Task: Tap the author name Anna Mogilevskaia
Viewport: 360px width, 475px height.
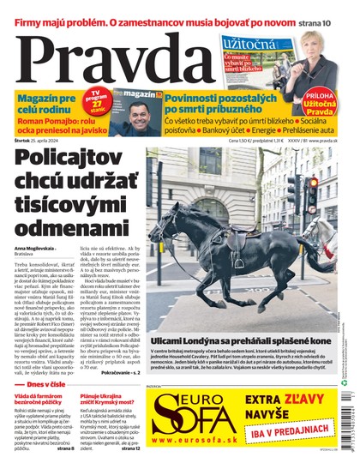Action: tap(36, 249)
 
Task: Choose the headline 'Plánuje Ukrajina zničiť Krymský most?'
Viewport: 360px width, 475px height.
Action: tap(111, 402)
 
